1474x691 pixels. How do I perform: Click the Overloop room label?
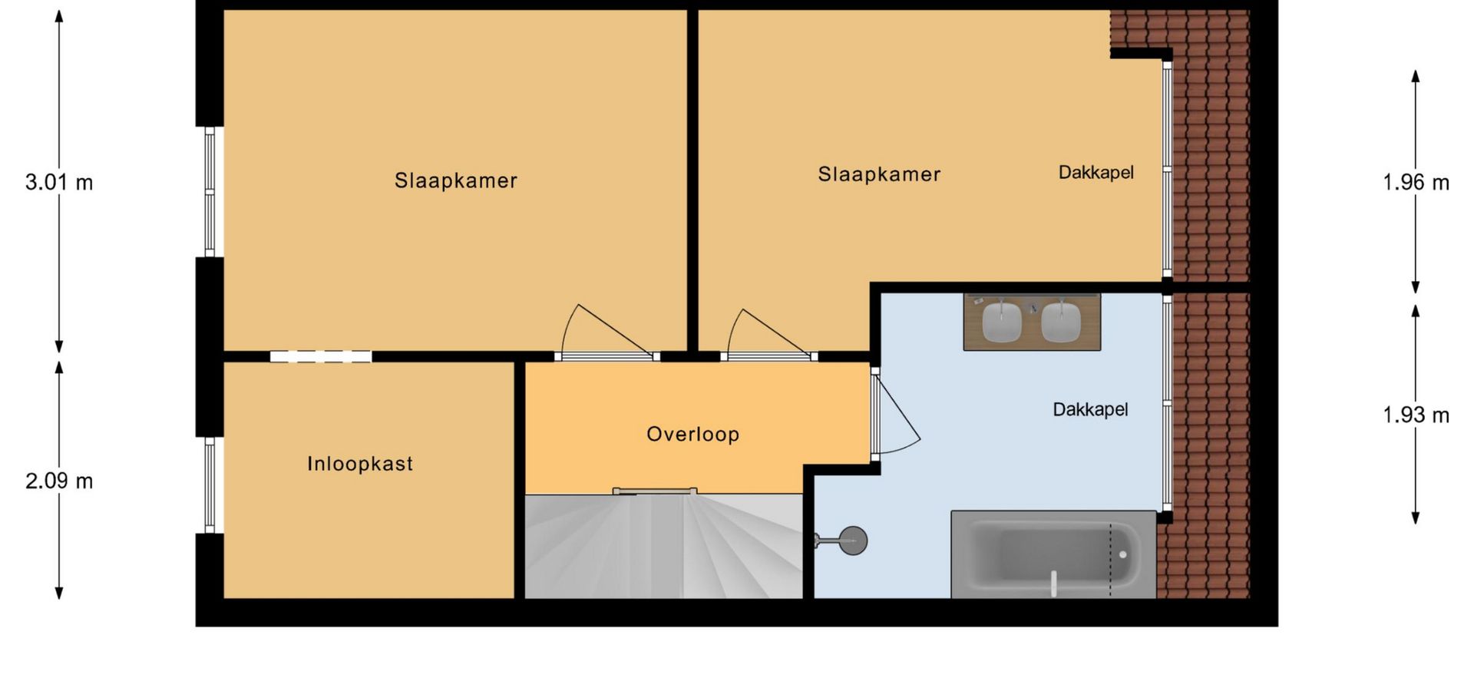(692, 435)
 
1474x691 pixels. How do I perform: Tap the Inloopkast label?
(360, 464)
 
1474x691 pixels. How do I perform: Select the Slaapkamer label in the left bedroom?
(456, 180)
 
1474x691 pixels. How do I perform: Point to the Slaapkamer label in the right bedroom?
(879, 174)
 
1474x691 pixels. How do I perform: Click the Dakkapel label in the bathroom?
(1090, 410)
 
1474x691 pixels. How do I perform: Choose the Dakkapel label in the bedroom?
(1096, 173)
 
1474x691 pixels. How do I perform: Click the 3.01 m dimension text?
(59, 183)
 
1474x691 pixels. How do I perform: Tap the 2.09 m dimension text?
(59, 481)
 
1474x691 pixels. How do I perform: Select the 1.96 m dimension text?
(1416, 183)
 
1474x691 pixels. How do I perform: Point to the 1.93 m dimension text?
(1416, 415)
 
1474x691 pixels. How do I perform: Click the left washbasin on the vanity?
(1002, 322)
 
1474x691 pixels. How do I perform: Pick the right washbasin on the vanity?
(1061, 322)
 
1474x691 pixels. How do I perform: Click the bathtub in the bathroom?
(1053, 554)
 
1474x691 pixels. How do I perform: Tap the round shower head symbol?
(852, 541)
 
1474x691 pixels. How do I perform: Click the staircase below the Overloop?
(663, 546)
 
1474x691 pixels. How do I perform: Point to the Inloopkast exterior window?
(210, 485)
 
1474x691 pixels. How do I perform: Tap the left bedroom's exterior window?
(210, 192)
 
